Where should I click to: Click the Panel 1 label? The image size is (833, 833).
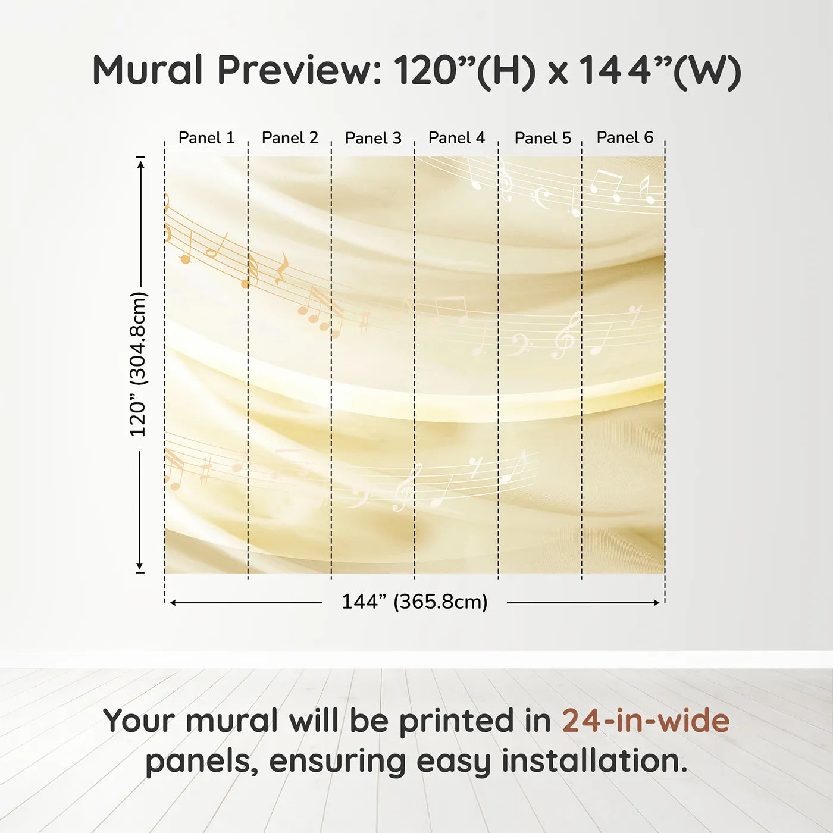coord(206,138)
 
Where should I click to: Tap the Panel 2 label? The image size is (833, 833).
coord(290,138)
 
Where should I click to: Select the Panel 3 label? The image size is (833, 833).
coord(373,138)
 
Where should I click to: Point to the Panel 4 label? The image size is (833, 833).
coord(456,138)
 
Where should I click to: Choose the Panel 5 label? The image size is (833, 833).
coord(543,138)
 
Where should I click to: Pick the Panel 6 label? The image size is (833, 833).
coord(625,137)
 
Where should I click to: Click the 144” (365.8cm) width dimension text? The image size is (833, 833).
coord(415,602)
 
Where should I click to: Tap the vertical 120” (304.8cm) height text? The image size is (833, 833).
coord(138,364)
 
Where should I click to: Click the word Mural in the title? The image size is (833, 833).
coord(148,70)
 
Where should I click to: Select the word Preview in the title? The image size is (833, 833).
coord(299,70)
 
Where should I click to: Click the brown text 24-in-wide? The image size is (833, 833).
coord(646,721)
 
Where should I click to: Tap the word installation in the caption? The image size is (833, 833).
coord(594,762)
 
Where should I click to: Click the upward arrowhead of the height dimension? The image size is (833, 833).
coord(140,165)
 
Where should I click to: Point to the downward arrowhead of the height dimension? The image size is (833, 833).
coord(140,565)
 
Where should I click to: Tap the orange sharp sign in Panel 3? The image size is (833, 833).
coord(365,322)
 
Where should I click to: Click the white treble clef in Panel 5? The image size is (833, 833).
coord(566,335)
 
